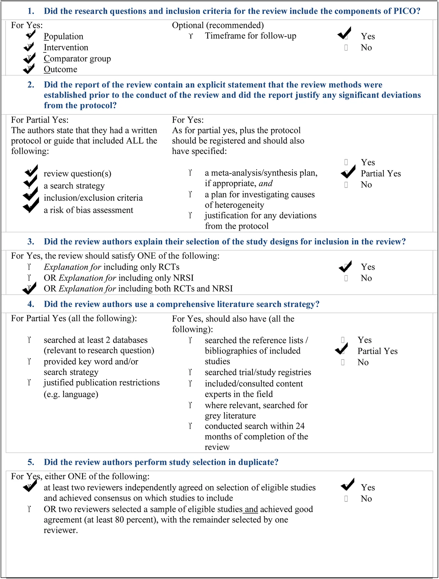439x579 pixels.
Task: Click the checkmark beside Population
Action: [x=30, y=35]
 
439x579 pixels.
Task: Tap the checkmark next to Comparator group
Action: [x=29, y=58]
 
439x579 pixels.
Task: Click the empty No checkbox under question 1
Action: [x=346, y=48]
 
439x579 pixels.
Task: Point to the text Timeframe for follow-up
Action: [x=250, y=36]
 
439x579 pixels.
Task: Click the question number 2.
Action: [x=31, y=85]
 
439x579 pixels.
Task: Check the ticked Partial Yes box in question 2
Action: [x=347, y=173]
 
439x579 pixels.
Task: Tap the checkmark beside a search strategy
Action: [x=30, y=182]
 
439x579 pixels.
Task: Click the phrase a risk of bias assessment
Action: [x=88, y=210]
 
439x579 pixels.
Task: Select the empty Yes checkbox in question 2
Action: [x=346, y=162]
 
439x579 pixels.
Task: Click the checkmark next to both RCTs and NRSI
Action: [x=29, y=289]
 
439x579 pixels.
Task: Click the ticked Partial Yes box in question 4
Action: [x=342, y=349]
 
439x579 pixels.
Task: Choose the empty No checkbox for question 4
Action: [x=343, y=362]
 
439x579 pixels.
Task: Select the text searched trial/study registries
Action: [x=258, y=372]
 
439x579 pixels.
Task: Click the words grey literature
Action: [x=230, y=416]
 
